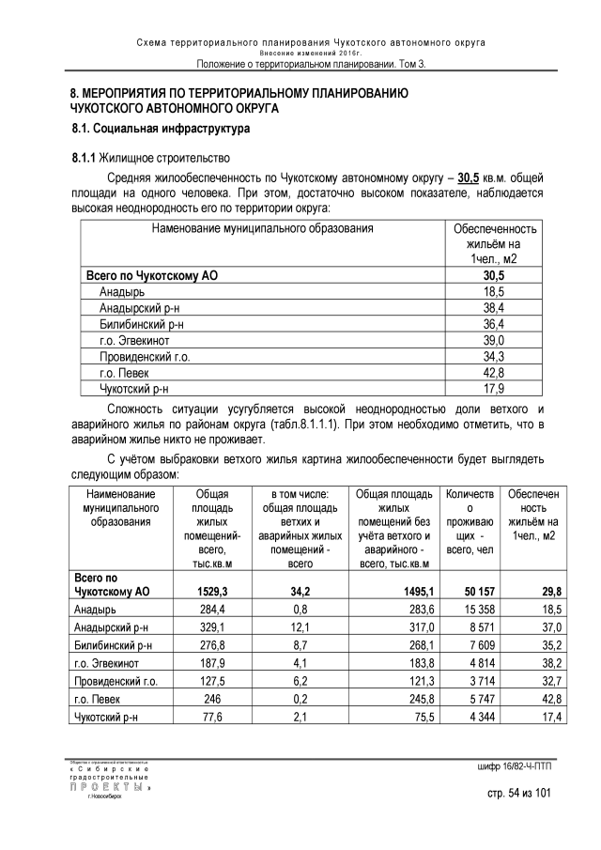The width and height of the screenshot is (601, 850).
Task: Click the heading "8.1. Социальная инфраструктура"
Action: tap(162, 128)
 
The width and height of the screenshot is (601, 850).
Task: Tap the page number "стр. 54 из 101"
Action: tap(515, 795)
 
